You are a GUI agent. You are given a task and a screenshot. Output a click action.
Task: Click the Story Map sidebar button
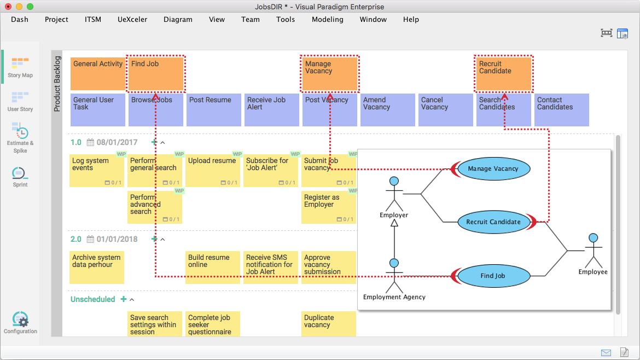[x=20, y=67]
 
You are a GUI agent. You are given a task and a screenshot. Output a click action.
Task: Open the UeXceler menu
[x=132, y=19]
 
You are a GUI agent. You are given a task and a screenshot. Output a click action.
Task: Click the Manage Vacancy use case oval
[x=493, y=169]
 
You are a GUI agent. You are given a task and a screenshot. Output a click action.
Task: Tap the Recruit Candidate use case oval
[x=493, y=222]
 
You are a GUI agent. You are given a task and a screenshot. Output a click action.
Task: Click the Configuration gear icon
[x=20, y=320]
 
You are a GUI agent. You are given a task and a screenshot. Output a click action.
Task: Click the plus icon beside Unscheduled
[x=123, y=299]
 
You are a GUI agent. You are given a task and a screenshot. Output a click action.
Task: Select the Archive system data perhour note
[x=97, y=267]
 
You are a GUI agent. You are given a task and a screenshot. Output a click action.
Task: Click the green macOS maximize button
[x=30, y=7]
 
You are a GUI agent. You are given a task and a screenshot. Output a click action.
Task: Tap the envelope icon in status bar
[x=606, y=352]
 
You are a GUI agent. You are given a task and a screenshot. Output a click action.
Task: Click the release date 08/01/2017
[x=117, y=143]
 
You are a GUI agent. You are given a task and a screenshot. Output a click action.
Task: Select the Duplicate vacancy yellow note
[x=329, y=323]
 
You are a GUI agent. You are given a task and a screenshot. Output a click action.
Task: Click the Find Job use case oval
[x=493, y=276]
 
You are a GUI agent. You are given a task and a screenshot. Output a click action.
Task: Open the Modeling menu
[x=327, y=19]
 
